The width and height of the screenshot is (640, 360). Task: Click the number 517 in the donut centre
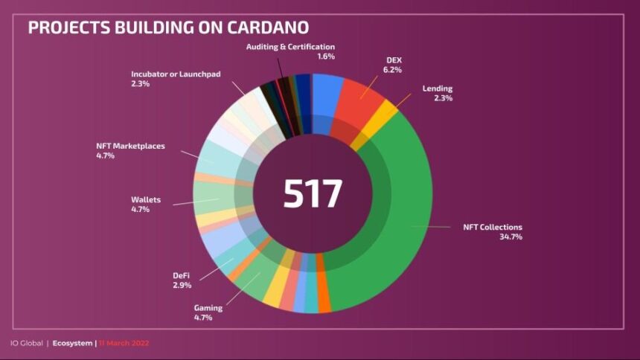click(x=313, y=193)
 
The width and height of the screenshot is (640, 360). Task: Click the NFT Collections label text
click(x=493, y=227)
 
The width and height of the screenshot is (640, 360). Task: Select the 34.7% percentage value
click(x=511, y=237)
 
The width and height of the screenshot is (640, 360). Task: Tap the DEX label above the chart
click(x=394, y=60)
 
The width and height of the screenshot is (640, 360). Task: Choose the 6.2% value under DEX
click(x=393, y=70)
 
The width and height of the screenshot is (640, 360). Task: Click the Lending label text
click(x=438, y=89)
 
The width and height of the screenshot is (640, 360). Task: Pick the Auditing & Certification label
click(x=295, y=47)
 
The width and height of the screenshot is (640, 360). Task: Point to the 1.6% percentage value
click(x=326, y=57)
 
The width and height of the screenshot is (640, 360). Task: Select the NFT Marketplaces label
click(x=130, y=146)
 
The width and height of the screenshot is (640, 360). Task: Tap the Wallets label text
click(x=146, y=200)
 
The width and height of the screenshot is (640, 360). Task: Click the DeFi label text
click(x=182, y=275)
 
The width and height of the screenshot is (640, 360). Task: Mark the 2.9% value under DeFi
click(x=182, y=285)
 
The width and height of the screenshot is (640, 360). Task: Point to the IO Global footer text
click(x=27, y=343)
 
